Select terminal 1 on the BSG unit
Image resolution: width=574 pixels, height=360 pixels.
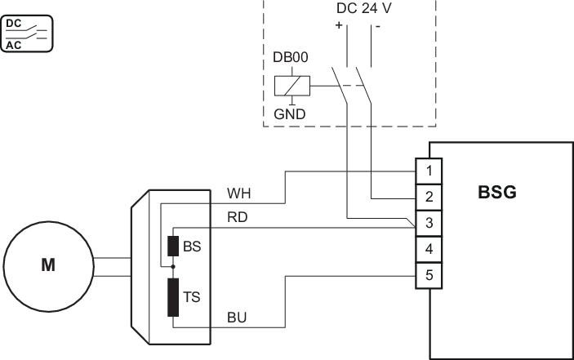click(x=429, y=171)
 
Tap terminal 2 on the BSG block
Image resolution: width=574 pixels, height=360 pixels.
click(x=429, y=197)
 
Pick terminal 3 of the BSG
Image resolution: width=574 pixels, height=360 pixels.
click(x=429, y=223)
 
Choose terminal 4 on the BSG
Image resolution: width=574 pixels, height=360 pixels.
click(x=429, y=248)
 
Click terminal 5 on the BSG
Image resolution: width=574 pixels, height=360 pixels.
click(x=429, y=275)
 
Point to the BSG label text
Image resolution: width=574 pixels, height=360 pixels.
click(x=497, y=193)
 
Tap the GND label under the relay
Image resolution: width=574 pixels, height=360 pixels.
click(x=290, y=113)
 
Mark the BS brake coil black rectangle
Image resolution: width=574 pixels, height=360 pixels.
click(x=172, y=247)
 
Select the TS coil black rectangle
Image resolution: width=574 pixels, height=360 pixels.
click(x=172, y=296)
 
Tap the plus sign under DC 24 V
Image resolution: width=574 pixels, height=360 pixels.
click(x=337, y=25)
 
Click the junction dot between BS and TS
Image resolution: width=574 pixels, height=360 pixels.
click(x=172, y=267)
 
